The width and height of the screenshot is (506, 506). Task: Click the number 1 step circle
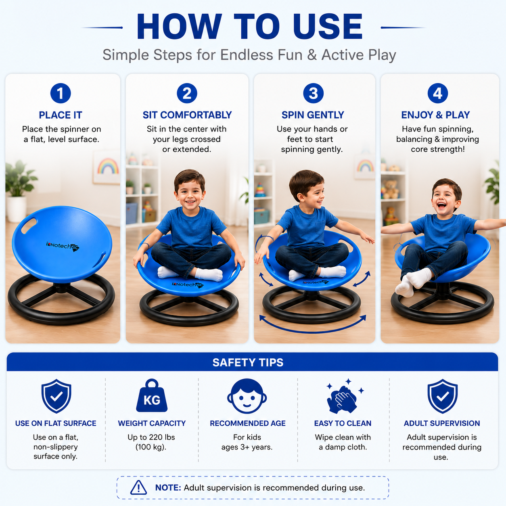(61, 93)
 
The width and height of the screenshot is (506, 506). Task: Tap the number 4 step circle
(437, 93)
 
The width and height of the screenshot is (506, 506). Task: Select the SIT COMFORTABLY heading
(187, 115)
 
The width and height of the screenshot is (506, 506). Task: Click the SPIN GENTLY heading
(313, 115)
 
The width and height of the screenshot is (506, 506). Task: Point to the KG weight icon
(152, 395)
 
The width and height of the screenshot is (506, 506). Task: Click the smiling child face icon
(247, 396)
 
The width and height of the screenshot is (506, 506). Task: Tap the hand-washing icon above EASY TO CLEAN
(344, 396)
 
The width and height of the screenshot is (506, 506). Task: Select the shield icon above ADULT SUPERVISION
(443, 396)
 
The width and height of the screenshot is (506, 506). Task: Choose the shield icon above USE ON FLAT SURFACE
(56, 396)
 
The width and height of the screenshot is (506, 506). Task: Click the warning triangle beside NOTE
(138, 487)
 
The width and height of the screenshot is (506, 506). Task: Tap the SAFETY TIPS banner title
(248, 362)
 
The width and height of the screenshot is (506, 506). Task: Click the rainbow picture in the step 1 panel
(107, 167)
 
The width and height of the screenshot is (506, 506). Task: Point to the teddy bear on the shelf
(391, 189)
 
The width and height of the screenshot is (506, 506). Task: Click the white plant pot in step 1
(16, 209)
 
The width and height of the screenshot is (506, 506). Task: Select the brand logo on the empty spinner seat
(63, 246)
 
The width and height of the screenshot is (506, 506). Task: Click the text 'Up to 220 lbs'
(151, 437)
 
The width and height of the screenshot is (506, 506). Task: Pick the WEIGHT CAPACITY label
(152, 423)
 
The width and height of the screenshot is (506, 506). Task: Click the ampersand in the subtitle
(312, 55)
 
